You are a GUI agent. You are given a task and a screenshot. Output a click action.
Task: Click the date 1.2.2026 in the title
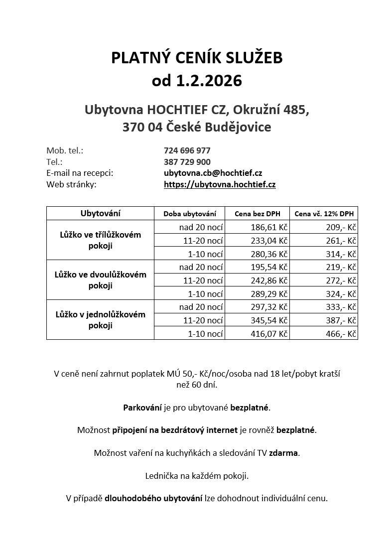click(x=209, y=81)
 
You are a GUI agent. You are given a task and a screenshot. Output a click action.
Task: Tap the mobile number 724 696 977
click(x=187, y=150)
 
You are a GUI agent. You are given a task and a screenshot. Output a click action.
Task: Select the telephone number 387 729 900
click(x=187, y=162)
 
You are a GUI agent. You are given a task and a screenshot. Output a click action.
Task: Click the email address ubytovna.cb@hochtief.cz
click(x=213, y=173)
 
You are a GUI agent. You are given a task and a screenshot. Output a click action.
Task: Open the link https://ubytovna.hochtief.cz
click(x=220, y=184)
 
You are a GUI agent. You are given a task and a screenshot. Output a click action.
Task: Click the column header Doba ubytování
click(x=190, y=214)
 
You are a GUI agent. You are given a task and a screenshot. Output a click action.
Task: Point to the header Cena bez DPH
click(x=257, y=214)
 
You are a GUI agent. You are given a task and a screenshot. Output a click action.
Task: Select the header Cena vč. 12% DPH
click(x=324, y=214)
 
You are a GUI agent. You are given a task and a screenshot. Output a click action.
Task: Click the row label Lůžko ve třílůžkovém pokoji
click(x=100, y=240)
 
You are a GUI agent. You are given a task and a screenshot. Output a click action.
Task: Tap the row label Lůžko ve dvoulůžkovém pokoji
click(x=100, y=280)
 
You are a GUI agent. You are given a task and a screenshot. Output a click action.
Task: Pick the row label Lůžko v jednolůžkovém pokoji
click(x=100, y=320)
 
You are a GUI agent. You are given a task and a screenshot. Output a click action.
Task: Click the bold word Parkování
click(x=142, y=408)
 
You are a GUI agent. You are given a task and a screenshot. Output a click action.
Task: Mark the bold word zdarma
click(x=284, y=453)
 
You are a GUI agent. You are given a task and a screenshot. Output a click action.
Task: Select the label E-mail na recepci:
click(x=80, y=173)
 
